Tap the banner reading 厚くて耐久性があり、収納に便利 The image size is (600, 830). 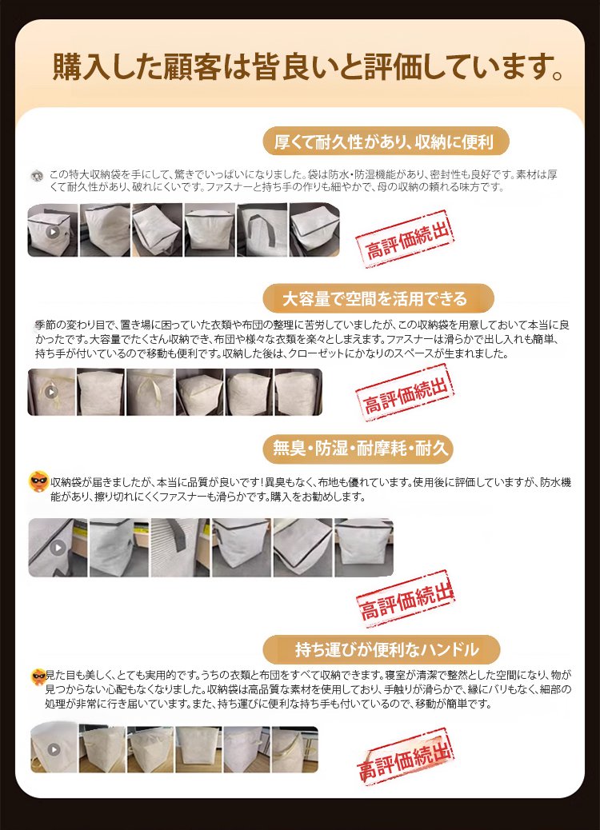[x=386, y=142]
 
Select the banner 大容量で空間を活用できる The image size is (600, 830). [x=378, y=298]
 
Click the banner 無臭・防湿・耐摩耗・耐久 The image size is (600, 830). [x=358, y=449]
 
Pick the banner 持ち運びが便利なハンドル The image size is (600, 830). [x=382, y=649]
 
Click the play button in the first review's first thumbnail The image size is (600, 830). [x=53, y=231]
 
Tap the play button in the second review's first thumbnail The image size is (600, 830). [x=51, y=392]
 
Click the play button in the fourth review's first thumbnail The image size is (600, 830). [x=54, y=749]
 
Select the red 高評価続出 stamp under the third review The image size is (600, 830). [x=406, y=600]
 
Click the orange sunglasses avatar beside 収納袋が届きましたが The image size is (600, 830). [x=38, y=481]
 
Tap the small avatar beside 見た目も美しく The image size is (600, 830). [x=38, y=676]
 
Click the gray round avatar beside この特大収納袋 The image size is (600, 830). [x=37, y=174]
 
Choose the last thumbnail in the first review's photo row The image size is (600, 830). [x=314, y=229]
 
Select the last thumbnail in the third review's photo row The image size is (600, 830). [x=364, y=547]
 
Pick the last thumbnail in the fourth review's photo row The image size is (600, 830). [x=295, y=749]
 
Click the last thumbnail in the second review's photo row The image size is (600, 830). [x=298, y=392]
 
